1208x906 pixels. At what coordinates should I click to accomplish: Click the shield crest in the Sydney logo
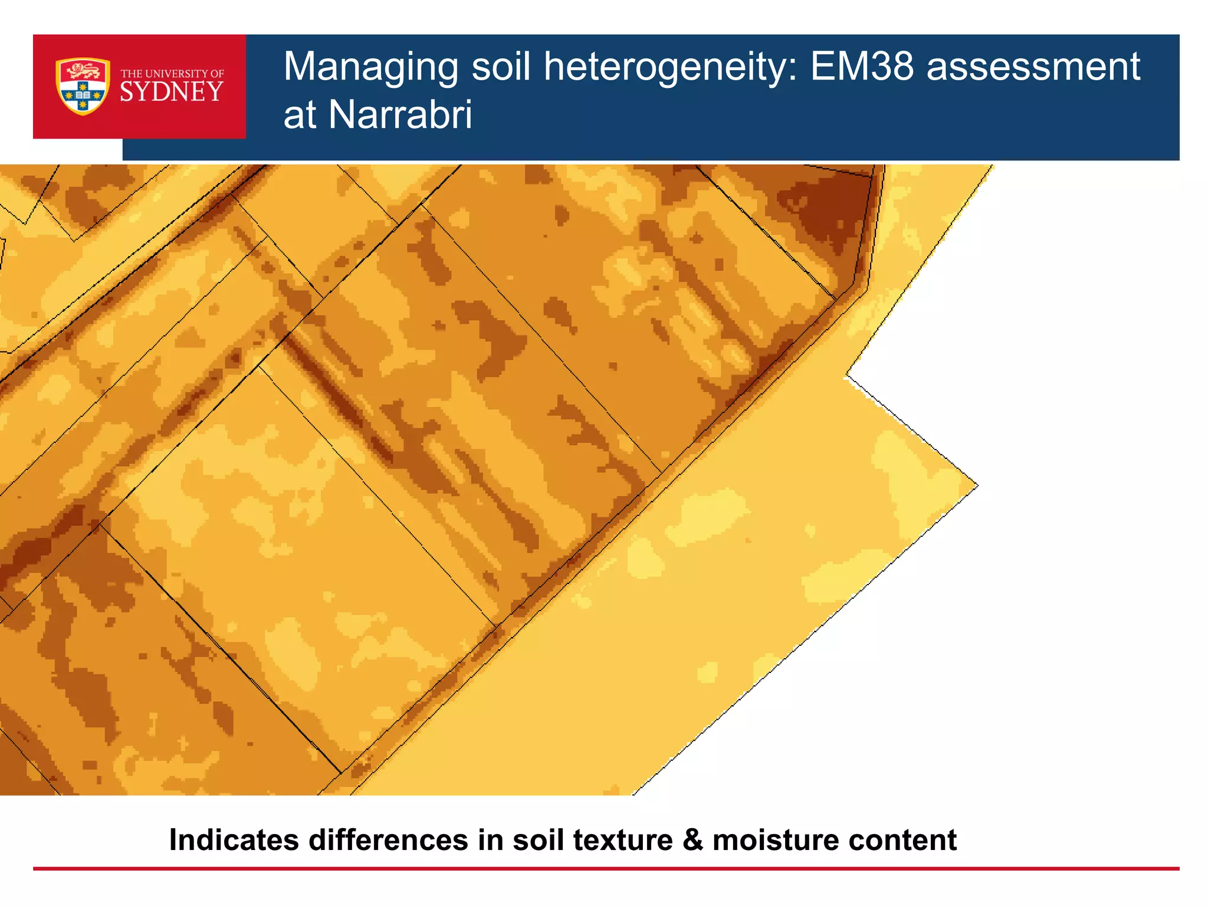click(83, 86)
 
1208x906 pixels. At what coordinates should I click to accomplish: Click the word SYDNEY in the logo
click(172, 93)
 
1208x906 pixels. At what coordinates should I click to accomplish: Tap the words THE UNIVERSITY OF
click(172, 74)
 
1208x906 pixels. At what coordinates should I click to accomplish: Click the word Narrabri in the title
click(401, 114)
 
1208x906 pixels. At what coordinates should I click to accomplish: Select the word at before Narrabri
click(300, 114)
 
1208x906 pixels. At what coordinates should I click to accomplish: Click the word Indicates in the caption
click(234, 840)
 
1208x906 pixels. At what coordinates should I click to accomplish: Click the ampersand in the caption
click(692, 840)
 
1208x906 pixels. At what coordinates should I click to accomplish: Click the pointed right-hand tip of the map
click(976, 485)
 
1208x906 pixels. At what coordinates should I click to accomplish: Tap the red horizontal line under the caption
click(606, 869)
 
